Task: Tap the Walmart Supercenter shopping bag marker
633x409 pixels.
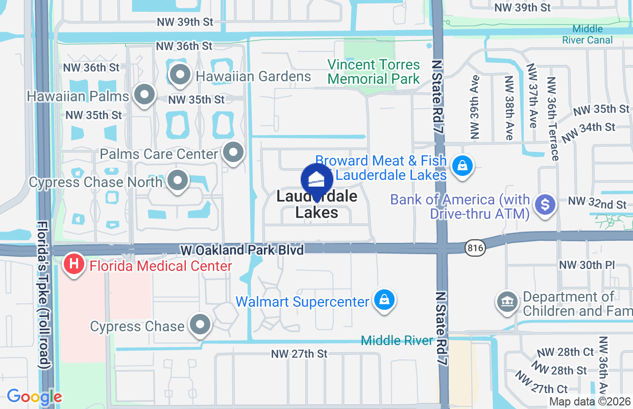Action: click(x=384, y=300)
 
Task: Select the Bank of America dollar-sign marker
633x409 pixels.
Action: click(x=545, y=205)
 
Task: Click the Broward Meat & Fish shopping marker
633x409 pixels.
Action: click(x=462, y=166)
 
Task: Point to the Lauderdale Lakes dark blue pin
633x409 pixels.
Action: click(x=317, y=180)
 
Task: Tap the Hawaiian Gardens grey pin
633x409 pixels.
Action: click(x=179, y=76)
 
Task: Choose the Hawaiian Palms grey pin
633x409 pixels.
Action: click(x=144, y=95)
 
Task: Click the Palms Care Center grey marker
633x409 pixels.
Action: click(x=234, y=152)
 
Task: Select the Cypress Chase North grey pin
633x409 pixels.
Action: click(x=178, y=180)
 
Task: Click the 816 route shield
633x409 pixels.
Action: click(x=474, y=248)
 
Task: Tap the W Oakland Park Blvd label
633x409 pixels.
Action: click(x=242, y=250)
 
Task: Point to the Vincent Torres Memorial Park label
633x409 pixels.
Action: click(x=374, y=72)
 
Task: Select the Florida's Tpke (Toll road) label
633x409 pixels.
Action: click(x=44, y=295)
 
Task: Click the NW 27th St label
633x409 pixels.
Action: click(x=299, y=354)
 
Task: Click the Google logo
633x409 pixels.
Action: click(x=34, y=397)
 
